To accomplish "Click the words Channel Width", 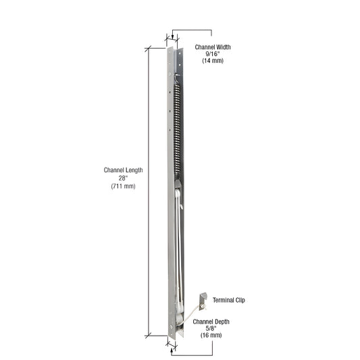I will (213, 47).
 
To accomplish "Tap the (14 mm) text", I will (213, 61).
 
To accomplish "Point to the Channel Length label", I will (123, 170).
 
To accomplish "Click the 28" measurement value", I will (123, 178).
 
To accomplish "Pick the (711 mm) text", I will (123, 186).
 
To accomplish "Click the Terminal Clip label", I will (229, 299).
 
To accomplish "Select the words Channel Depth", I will (212, 321).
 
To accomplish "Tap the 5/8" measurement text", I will (212, 328).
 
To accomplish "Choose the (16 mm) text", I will (212, 335).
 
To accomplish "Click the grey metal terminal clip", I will (202, 297).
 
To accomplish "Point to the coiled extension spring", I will (178, 135).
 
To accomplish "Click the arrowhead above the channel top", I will (174, 38).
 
